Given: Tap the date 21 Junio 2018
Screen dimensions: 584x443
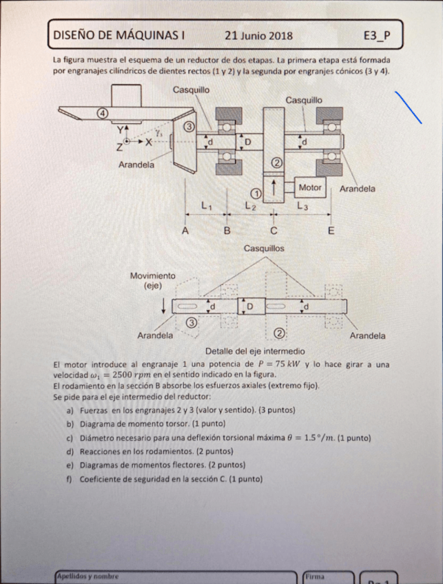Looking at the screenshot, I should coord(258,35).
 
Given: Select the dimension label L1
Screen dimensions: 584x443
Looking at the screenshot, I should coord(207,205).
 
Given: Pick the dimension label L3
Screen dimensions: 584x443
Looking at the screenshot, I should coord(302,205).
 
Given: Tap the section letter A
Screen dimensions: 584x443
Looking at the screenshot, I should coord(185,231).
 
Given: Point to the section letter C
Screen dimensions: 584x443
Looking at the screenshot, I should coord(274,231).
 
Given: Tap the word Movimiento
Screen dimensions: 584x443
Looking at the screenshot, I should coord(153,275).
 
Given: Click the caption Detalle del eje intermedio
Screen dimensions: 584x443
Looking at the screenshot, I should coord(255,351).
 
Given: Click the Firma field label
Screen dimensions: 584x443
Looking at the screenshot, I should coord(316,576).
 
